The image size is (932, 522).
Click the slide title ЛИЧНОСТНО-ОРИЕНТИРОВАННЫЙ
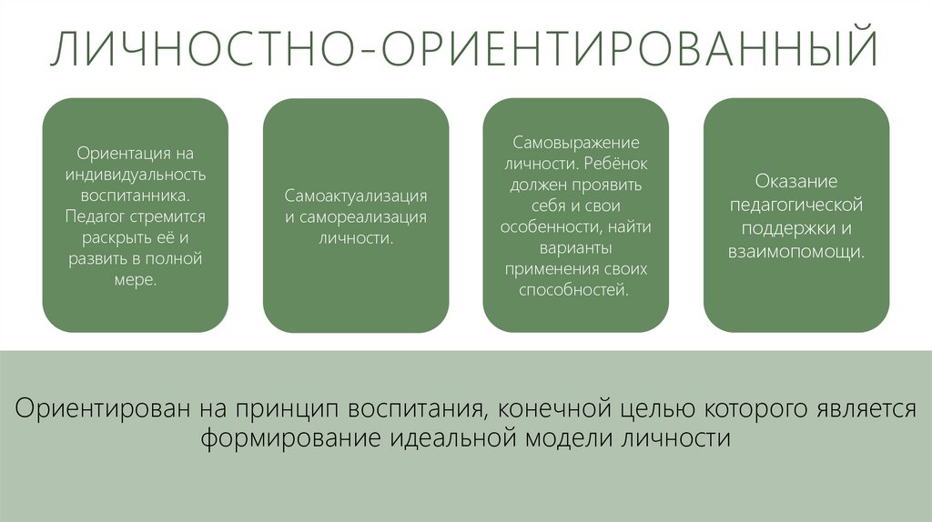[x=465, y=52]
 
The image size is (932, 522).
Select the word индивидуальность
[x=136, y=174]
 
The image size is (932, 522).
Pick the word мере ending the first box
[x=134, y=280]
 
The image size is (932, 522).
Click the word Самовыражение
[x=576, y=143]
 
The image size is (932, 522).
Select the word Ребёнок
[x=609, y=164]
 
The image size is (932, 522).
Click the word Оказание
[x=796, y=182]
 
